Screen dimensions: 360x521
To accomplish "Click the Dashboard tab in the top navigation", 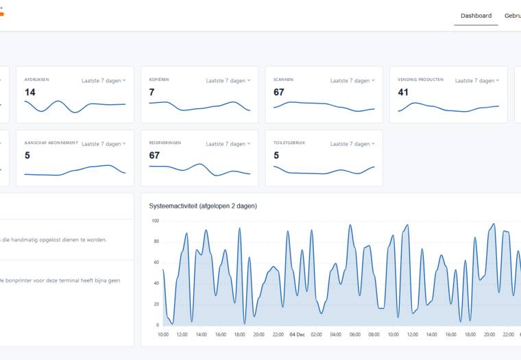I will click(x=476, y=16).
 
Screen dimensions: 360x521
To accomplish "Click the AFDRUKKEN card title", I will click(x=36, y=80).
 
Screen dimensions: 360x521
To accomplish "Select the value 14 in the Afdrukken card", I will click(x=30, y=92).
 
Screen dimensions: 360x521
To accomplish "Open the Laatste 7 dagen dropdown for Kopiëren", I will click(x=228, y=81).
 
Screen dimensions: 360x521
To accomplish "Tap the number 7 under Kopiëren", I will click(x=152, y=92).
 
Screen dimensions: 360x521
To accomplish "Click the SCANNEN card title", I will click(x=283, y=80).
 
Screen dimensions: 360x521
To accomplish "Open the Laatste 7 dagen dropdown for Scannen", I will click(x=352, y=81).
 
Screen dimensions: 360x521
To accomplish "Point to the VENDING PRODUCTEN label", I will click(x=420, y=80).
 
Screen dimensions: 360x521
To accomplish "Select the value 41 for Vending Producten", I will click(x=403, y=92).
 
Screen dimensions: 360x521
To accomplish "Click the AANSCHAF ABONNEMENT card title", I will click(x=51, y=143).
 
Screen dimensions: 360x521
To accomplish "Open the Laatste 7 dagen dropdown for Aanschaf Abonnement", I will click(x=104, y=144).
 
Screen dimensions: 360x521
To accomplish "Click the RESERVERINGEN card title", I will click(x=165, y=143).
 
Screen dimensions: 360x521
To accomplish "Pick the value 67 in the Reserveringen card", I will click(x=154, y=155).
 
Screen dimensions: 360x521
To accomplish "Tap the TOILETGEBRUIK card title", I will click(x=291, y=143).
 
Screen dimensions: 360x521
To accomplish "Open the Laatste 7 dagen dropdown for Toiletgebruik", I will click(x=352, y=144).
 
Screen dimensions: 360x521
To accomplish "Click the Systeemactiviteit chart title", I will click(x=203, y=206).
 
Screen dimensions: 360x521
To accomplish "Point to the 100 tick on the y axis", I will click(x=155, y=221).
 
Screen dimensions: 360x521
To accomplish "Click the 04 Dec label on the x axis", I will click(x=297, y=335).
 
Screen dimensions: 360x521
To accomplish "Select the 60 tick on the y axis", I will click(x=156, y=263).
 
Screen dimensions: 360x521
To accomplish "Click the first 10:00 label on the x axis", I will click(x=163, y=335).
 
